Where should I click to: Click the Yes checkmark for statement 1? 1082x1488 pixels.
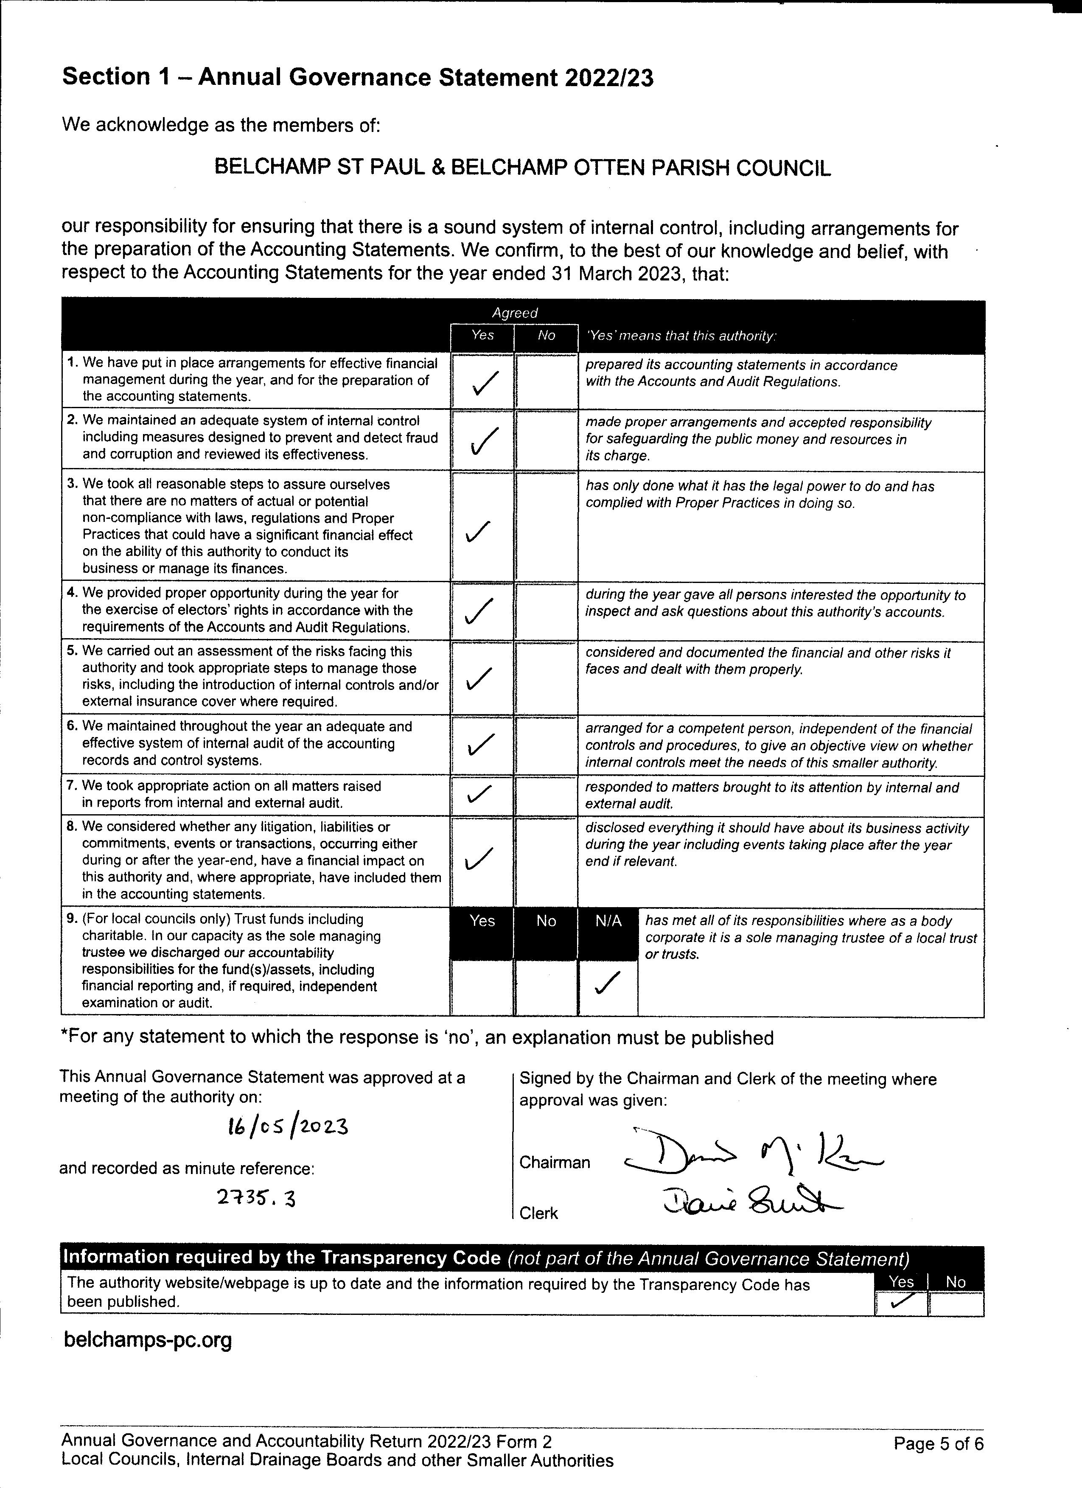click(x=484, y=383)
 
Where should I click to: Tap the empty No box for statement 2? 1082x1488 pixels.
click(x=546, y=440)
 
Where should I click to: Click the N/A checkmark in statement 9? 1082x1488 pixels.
click(x=607, y=982)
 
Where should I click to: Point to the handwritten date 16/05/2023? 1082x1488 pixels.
click(x=287, y=1127)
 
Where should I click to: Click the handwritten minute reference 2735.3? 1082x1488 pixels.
click(x=256, y=1199)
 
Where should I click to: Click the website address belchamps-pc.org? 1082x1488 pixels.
click(x=148, y=1340)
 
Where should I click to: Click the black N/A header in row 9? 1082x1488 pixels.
click(x=608, y=921)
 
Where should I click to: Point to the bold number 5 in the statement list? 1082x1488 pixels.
click(x=72, y=651)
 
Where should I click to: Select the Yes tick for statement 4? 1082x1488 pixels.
click(x=479, y=611)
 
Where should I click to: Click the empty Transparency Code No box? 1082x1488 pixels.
click(x=956, y=1303)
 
